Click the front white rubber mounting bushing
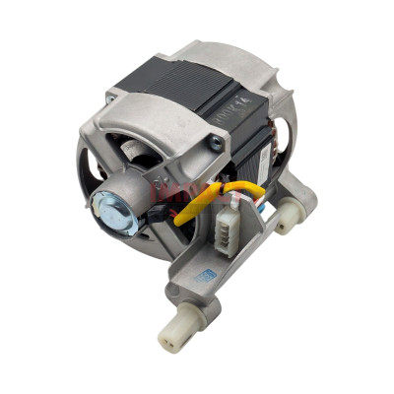coord(175,335)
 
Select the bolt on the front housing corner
coord(213,144)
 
